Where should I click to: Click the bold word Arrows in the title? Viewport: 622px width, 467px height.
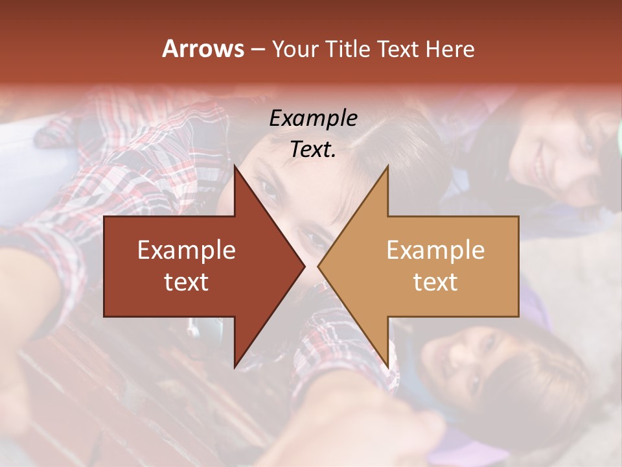tap(203, 49)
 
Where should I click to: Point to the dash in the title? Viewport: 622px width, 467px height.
tap(257, 49)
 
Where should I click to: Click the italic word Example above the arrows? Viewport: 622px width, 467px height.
tap(313, 119)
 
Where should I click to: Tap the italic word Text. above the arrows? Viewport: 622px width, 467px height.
tap(313, 150)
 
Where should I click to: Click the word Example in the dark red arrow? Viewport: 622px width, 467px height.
tap(187, 250)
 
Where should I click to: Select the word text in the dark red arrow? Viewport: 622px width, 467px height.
tap(187, 282)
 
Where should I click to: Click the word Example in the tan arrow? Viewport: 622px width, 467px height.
tap(435, 250)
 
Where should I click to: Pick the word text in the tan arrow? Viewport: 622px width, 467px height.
tap(435, 282)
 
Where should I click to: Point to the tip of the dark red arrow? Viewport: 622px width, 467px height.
tap(305, 266)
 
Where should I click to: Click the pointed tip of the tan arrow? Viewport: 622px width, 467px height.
tap(318, 266)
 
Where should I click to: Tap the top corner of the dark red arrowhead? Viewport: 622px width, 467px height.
tap(235, 166)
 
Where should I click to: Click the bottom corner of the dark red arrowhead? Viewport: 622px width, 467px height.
tap(235, 367)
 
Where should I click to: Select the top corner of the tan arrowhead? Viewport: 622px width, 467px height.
tap(387, 166)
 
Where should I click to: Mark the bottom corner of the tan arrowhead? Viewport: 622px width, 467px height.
tap(387, 367)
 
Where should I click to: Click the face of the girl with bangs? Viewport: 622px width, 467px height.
tap(473, 363)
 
